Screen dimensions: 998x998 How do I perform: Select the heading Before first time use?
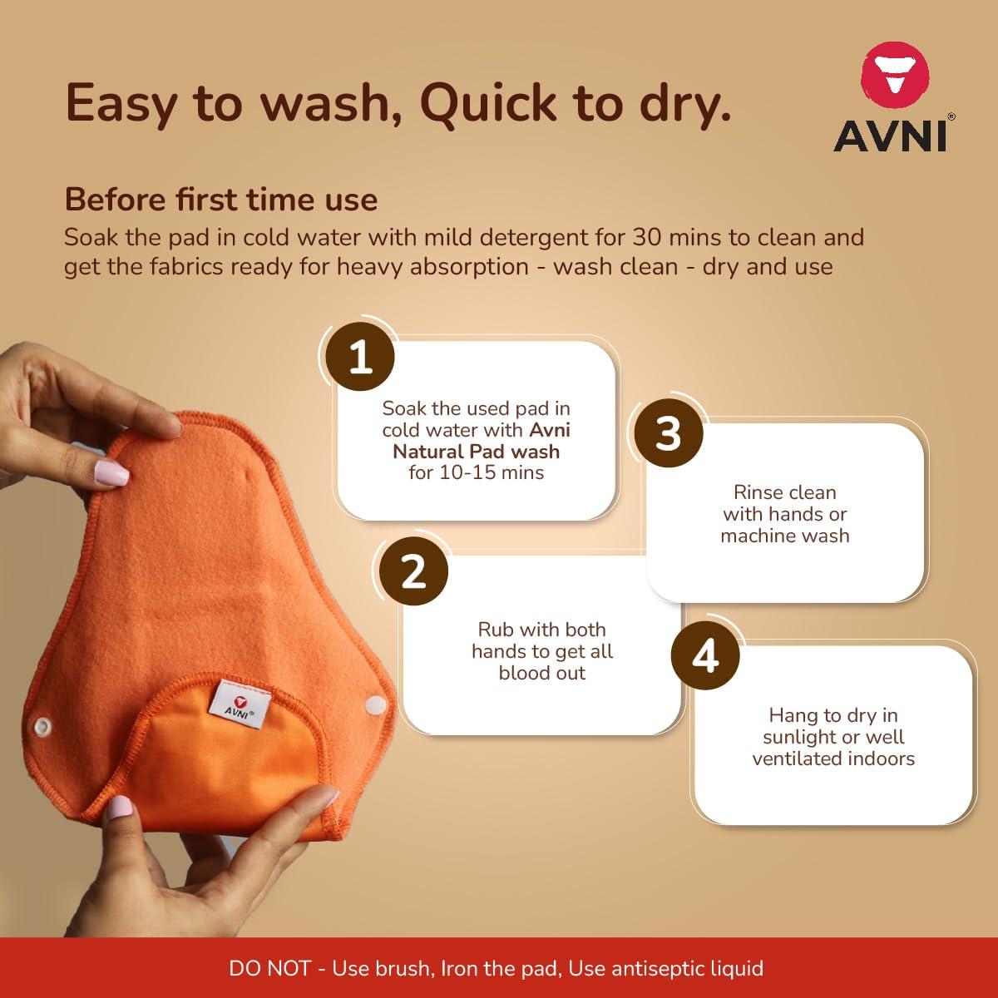(221, 200)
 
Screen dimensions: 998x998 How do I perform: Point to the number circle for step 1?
(360, 358)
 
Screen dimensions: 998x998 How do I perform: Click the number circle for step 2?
(413, 572)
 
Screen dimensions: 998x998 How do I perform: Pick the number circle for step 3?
(669, 433)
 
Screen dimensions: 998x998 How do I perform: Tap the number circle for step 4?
(705, 656)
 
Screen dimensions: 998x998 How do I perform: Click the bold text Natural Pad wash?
(477, 452)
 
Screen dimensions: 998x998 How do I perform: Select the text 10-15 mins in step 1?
(497, 472)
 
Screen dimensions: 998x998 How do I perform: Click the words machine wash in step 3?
(785, 536)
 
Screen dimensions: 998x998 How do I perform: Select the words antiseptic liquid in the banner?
(687, 968)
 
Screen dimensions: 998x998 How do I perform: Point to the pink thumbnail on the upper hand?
(111, 474)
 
